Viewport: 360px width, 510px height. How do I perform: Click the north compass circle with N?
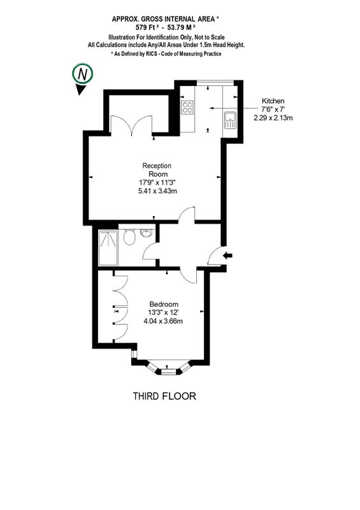tap(83, 74)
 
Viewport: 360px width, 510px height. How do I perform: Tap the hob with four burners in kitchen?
tap(187, 107)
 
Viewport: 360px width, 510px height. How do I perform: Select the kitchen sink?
tap(230, 120)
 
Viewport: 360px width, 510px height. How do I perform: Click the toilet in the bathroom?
tap(130, 237)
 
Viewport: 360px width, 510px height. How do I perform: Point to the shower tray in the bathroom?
tap(108, 247)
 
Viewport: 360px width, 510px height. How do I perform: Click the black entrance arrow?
tap(228, 256)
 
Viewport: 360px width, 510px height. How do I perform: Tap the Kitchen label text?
tap(273, 101)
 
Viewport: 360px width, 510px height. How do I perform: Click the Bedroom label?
tap(164, 305)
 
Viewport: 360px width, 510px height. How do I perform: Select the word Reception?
tap(157, 166)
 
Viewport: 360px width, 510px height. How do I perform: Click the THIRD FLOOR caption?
tap(164, 396)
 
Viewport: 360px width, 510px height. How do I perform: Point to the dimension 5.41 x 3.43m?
tap(158, 191)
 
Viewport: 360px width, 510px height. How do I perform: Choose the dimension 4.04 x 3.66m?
tap(163, 321)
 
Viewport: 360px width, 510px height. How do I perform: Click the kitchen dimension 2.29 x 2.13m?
tap(273, 118)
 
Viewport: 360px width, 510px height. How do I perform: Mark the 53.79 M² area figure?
tap(182, 27)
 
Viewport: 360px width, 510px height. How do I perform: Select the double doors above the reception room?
tap(132, 125)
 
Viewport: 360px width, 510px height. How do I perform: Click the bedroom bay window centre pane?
tap(168, 371)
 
